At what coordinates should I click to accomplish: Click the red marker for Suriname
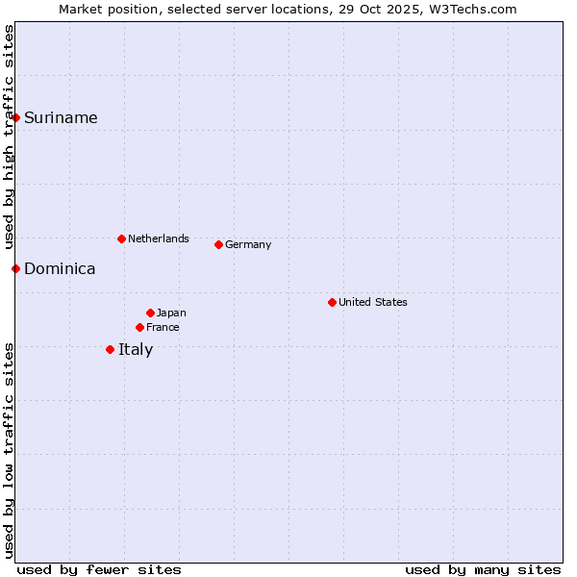pos(16,118)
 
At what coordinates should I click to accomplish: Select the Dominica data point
pos(16,268)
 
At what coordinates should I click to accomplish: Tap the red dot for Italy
pos(111,349)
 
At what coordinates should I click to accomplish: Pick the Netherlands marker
pos(121,238)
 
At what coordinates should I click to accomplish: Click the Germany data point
pos(218,244)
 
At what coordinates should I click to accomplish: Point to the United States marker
pos(332,302)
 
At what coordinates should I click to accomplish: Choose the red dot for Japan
pos(150,313)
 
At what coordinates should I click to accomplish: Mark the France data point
pos(140,327)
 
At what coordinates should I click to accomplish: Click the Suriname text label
pos(61,118)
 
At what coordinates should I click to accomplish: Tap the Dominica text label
pos(60,269)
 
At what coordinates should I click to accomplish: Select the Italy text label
pos(136,350)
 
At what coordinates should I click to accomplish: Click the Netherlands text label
pos(159,238)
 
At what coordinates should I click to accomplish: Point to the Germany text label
pos(248,244)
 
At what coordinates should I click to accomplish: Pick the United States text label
pos(373,302)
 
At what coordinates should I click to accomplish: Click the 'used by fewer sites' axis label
pos(99,569)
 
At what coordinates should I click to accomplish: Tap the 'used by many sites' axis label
pos(483,569)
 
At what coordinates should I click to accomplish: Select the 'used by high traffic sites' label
pos(9,136)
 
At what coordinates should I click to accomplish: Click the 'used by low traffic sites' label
pos(9,450)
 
